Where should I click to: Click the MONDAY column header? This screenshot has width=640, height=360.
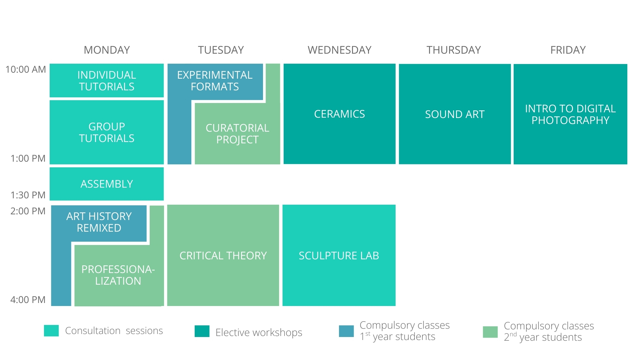pos(107,50)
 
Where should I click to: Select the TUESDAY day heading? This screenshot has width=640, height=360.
pos(221,50)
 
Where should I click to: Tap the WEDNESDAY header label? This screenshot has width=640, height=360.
pos(339,50)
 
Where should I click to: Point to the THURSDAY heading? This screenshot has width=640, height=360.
pos(454,50)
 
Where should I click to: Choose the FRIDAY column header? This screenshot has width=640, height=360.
pos(568,50)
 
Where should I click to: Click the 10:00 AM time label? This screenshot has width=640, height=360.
pos(26,69)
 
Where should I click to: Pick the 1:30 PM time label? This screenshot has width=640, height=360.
pos(28,195)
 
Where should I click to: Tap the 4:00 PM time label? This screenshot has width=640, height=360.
pos(28,300)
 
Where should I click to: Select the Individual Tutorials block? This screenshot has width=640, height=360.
pos(107,81)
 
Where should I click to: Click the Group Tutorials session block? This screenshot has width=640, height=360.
pos(107,132)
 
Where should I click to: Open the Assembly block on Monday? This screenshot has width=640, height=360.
pos(107,184)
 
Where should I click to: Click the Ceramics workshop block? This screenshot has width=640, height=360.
pos(340,114)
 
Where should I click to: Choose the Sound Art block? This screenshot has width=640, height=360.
pos(455,114)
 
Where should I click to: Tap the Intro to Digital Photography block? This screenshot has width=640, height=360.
pos(570,114)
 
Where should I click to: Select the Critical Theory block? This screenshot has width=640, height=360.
pos(223,255)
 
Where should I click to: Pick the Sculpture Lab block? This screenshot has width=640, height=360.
pos(339,255)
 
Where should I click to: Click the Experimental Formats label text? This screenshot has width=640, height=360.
pos(215,81)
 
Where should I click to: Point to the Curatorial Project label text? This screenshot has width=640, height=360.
pos(237,134)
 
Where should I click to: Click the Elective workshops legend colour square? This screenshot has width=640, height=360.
pos(202,331)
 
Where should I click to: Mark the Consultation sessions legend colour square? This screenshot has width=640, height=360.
pos(51,331)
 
